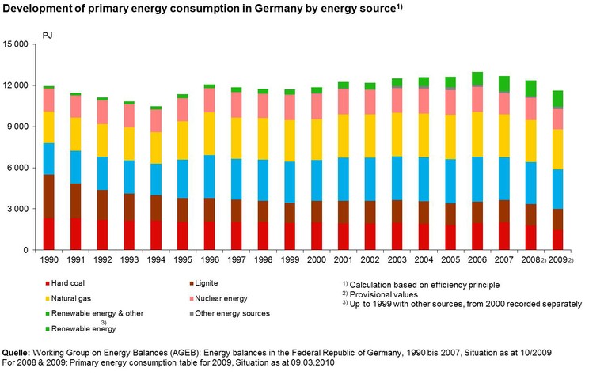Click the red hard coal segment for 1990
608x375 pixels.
pyautogui.click(x=49, y=234)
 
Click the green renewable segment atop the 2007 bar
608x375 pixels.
pyautogui.click(x=504, y=84)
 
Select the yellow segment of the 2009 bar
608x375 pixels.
pyautogui.click(x=559, y=149)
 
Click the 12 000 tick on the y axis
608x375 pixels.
pyautogui.click(x=16, y=85)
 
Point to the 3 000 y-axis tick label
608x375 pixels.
pyautogui.click(x=19, y=209)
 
